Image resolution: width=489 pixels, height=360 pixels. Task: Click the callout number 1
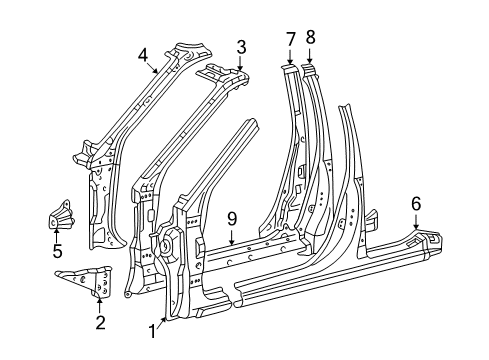[x=152, y=332]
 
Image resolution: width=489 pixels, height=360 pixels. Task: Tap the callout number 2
[x=100, y=322]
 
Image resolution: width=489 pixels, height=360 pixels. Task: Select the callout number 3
[x=241, y=47]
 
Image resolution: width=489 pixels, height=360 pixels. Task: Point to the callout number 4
[x=143, y=55]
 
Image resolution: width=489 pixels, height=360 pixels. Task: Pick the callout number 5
[x=57, y=251]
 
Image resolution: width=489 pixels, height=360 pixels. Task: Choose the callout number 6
[x=416, y=204]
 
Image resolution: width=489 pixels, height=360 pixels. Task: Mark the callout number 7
[x=291, y=39]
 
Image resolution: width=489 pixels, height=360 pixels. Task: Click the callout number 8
[x=310, y=37]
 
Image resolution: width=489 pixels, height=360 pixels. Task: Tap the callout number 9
[x=232, y=219]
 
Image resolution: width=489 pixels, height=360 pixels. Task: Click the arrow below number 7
[x=290, y=56]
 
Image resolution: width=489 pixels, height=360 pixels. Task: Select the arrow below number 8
[x=310, y=55]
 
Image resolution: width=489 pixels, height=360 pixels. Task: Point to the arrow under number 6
[x=416, y=222]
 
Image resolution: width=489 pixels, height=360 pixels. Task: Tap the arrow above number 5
[x=56, y=235]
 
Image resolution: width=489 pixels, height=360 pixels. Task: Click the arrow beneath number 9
[x=231, y=237]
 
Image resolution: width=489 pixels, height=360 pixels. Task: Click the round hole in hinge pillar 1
[x=165, y=246]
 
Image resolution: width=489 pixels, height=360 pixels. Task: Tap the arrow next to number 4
[x=153, y=68]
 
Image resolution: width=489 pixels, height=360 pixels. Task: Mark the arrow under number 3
[x=241, y=63]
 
